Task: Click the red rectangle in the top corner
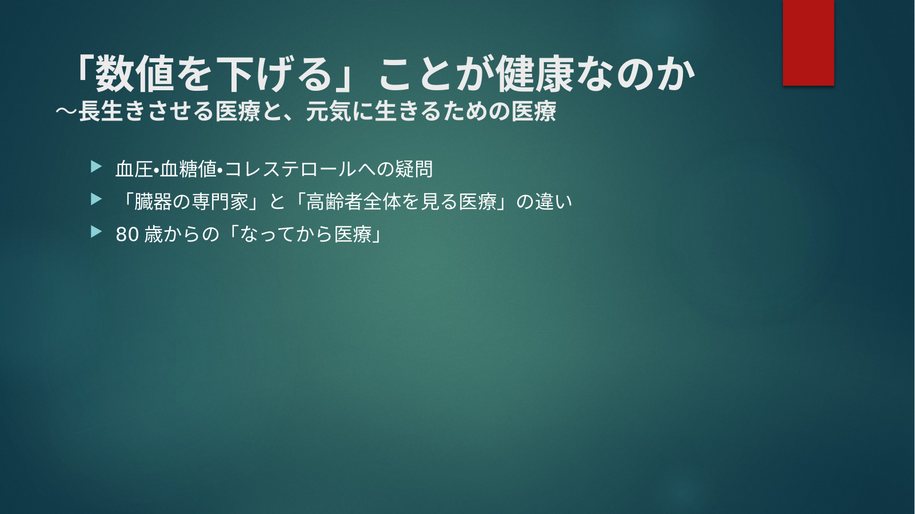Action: click(x=808, y=42)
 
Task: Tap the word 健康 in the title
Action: click(x=535, y=74)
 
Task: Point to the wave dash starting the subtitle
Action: click(x=67, y=111)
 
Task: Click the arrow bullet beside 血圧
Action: click(x=96, y=167)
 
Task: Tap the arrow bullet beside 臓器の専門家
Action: click(x=96, y=199)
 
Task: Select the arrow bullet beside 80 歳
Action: click(x=96, y=232)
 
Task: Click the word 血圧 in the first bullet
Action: click(x=134, y=169)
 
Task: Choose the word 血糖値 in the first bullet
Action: click(x=188, y=169)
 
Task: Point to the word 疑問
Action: click(x=414, y=169)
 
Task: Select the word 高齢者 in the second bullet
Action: click(x=334, y=202)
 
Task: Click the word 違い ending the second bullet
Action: click(x=553, y=202)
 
